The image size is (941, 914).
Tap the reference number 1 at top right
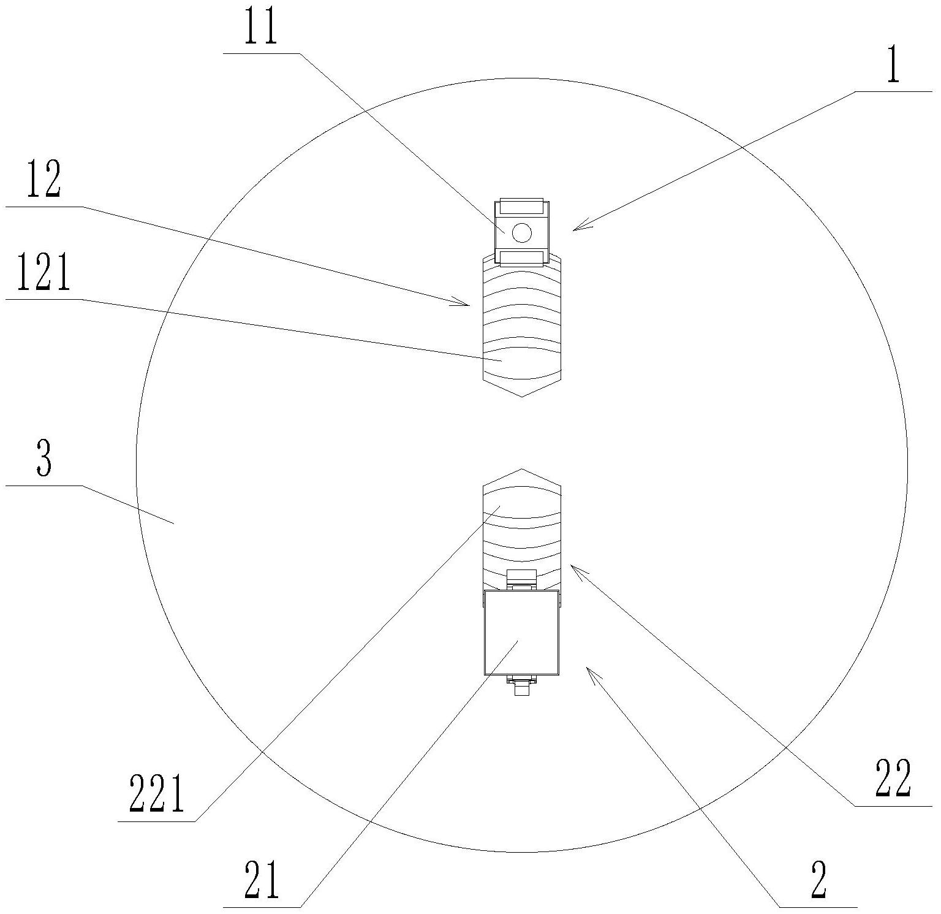893,67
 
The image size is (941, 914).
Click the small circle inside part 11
521,232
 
